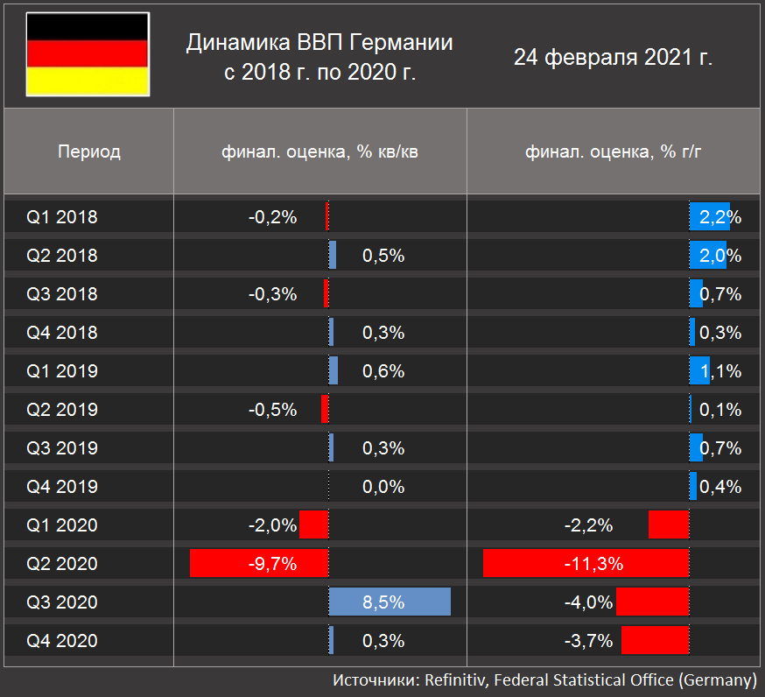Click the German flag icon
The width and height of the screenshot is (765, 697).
click(87, 54)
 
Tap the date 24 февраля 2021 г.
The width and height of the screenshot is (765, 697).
click(613, 58)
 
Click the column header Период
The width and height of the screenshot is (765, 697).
click(88, 151)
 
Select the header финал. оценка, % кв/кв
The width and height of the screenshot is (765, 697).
click(319, 151)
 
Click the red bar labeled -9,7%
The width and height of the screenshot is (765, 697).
click(259, 564)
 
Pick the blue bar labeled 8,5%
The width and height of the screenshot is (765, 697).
click(390, 602)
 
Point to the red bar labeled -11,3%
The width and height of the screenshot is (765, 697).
click(586, 564)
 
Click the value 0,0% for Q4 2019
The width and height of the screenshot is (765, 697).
click(383, 487)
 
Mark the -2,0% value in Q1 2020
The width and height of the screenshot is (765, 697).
click(272, 525)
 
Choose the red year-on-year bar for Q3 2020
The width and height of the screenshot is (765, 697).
click(652, 602)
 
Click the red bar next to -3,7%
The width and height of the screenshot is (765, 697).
click(655, 641)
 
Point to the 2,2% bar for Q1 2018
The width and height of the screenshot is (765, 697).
click(709, 217)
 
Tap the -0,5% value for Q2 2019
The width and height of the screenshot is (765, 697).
click(272, 410)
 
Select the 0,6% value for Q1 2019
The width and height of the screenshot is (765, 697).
click(383, 371)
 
